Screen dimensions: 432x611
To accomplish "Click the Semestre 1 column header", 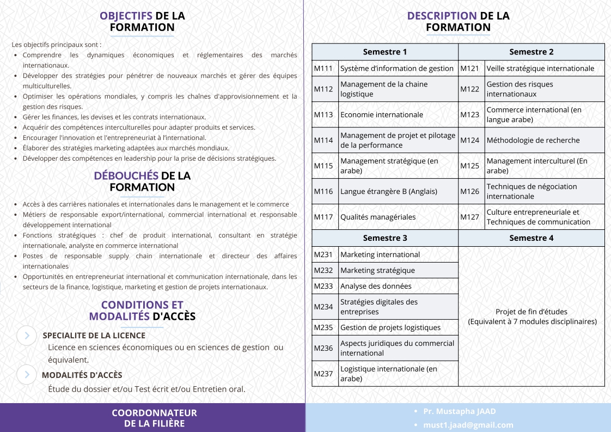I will [385, 52].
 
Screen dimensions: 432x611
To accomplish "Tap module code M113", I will [323, 114].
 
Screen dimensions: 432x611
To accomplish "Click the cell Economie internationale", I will [382, 114].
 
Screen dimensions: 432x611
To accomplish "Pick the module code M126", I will [470, 191].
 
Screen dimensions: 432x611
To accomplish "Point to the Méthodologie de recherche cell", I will [526, 140].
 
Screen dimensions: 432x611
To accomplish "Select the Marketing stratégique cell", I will [377, 270].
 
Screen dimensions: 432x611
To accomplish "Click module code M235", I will [323, 327].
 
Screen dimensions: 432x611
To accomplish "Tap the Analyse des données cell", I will [376, 286].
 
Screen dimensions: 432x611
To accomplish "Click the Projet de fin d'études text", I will [531, 312].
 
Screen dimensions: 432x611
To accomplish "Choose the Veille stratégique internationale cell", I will [540, 68].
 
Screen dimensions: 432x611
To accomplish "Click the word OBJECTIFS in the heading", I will [126, 16].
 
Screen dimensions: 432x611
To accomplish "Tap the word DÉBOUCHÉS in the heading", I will [126, 176].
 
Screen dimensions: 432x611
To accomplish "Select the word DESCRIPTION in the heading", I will [442, 16].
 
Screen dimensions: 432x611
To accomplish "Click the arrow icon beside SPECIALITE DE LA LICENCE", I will [27, 336].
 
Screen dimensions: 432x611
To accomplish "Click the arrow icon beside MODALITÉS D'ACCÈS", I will [27, 375].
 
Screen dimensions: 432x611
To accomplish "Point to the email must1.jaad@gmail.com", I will [468, 425].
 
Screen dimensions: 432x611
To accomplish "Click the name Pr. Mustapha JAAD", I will [460, 411].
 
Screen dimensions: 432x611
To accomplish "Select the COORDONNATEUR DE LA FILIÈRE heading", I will [154, 418].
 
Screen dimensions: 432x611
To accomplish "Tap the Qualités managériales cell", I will [378, 217].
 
